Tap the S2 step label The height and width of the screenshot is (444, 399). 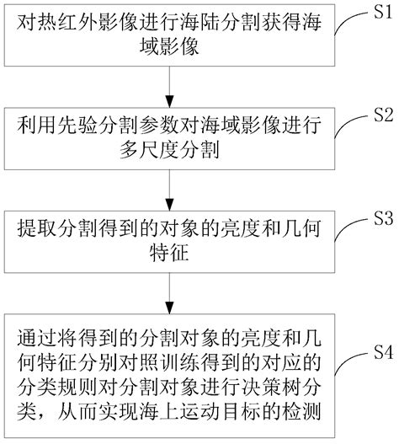(384, 115)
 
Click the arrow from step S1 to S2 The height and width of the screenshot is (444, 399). (172, 87)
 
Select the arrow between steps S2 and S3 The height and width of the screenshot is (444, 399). (172, 190)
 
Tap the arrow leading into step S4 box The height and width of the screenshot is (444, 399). (172, 294)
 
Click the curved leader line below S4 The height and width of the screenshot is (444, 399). (349, 371)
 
